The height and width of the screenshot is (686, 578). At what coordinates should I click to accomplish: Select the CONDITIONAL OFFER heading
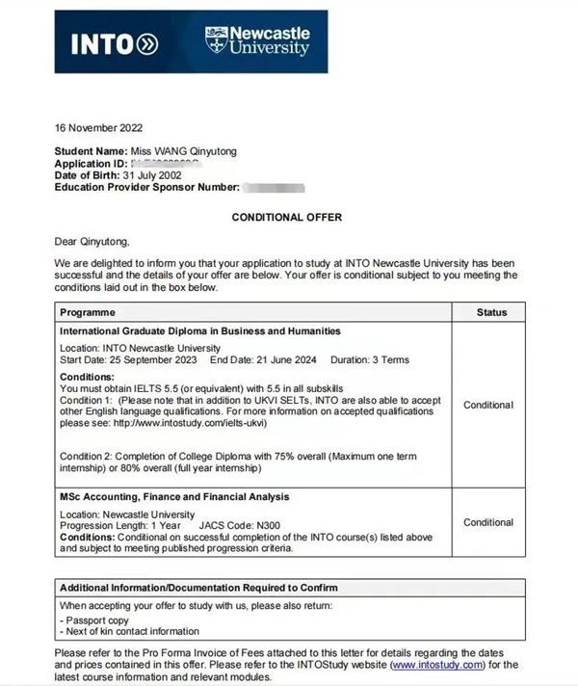(286, 218)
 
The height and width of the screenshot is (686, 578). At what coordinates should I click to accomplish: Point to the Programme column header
(88, 312)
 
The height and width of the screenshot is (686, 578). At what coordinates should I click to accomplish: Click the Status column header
(491, 312)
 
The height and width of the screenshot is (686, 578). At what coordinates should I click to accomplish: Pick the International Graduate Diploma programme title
(199, 330)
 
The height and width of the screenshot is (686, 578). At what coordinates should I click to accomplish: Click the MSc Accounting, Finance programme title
(174, 496)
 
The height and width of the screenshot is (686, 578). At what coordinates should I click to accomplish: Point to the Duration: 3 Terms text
(370, 360)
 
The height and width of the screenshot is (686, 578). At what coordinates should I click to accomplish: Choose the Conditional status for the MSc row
(488, 522)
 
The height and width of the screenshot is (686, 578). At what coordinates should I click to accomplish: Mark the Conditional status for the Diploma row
(488, 405)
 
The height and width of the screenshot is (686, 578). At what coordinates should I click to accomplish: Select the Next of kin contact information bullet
(130, 632)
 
